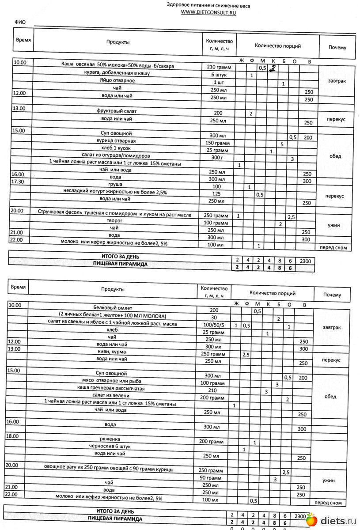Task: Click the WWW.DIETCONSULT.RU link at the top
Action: pos(208,13)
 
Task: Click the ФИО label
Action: pos(20,22)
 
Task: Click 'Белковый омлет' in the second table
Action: pos(113,307)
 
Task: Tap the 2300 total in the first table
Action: pos(305,261)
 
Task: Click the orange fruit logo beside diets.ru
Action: pos(312,520)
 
